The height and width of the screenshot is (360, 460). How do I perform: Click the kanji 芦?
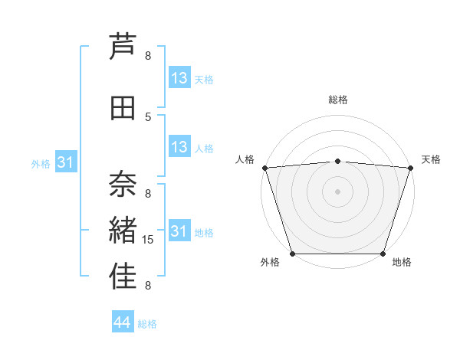point(123,46)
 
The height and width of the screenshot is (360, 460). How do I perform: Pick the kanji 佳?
point(123,277)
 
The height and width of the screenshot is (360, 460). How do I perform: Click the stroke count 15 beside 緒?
point(149,240)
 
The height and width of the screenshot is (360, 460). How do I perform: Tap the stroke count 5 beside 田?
point(148,116)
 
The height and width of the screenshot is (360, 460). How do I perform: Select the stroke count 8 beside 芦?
point(148,55)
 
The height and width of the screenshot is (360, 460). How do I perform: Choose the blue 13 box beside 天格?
point(179,78)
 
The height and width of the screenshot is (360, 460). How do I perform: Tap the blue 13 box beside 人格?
point(179,147)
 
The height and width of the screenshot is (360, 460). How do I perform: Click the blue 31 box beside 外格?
point(66,162)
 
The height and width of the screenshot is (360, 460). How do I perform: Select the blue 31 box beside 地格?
point(179,231)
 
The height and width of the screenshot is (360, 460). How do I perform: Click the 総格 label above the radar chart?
point(337,100)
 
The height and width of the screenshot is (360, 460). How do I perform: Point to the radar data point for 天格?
point(410,168)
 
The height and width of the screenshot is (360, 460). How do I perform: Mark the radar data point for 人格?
point(264,168)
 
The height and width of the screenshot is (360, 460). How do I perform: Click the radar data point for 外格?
point(292,254)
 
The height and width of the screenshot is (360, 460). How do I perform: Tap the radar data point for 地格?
point(383,254)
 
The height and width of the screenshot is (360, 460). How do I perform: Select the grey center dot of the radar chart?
point(337,191)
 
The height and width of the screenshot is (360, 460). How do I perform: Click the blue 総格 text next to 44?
point(147,324)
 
